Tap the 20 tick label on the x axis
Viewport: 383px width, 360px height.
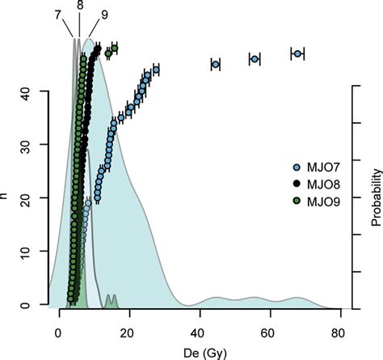(128, 333)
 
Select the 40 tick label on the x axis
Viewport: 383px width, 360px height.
(198, 333)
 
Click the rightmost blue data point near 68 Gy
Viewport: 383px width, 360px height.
(297, 53)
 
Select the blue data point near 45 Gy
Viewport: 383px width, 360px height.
(216, 64)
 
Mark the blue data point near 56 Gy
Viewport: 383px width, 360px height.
(255, 59)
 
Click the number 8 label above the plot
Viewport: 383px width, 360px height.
(78, 6)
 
